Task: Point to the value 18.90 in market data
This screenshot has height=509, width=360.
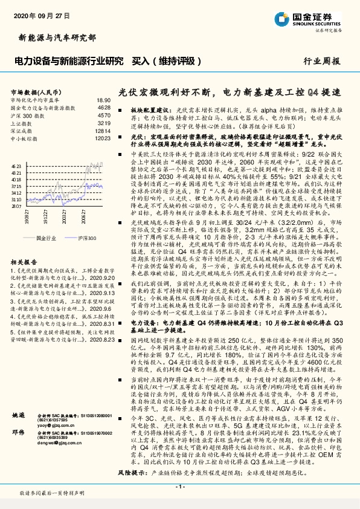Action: click(x=103, y=100)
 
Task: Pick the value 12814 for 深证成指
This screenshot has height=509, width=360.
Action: click(x=103, y=131)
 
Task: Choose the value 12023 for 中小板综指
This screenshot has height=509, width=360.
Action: click(x=103, y=138)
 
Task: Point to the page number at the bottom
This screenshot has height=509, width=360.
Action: click(x=180, y=487)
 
